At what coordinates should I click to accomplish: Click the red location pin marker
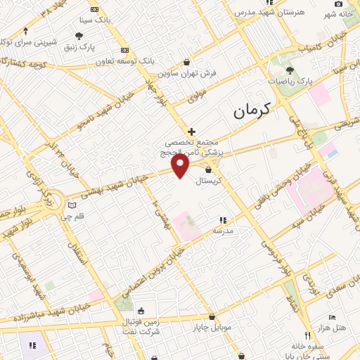(181, 166)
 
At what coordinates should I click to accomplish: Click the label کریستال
(209, 181)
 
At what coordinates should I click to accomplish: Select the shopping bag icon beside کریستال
(209, 169)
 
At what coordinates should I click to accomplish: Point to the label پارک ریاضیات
(290, 82)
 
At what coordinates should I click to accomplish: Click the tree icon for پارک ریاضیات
(290, 70)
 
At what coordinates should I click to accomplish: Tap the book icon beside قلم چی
(72, 205)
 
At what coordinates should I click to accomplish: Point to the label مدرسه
(223, 231)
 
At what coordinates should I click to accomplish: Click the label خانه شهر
(337, 14)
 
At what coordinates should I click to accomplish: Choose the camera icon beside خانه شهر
(338, 4)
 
